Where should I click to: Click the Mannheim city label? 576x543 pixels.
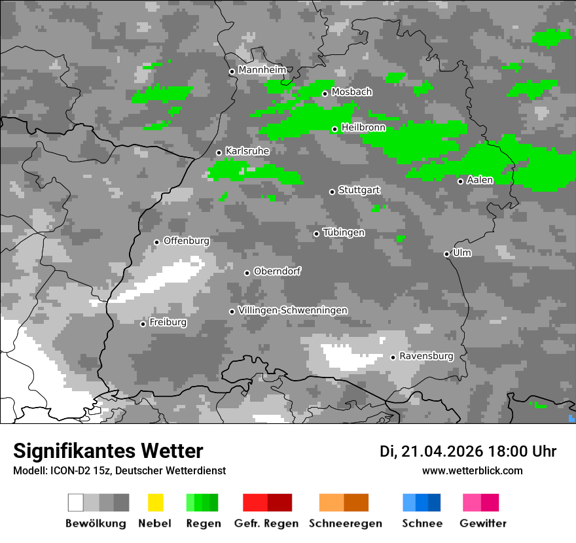(262, 70)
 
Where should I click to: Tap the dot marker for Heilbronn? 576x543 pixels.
(334, 129)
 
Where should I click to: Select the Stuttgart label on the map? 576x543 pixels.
(359, 190)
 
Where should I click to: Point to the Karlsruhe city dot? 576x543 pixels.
(219, 152)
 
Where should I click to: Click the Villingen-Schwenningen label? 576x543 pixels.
(293, 310)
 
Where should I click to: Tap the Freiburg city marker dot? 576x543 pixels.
(143, 324)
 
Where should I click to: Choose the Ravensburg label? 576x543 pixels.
(426, 357)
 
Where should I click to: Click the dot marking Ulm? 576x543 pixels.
(447, 254)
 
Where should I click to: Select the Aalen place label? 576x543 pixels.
(480, 180)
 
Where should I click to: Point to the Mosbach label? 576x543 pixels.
(351, 92)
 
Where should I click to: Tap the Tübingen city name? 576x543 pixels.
(344, 233)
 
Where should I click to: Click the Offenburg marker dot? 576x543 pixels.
(156, 242)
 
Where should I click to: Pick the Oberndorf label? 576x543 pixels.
(277, 271)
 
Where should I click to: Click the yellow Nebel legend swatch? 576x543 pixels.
(155, 502)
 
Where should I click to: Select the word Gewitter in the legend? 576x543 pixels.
(483, 523)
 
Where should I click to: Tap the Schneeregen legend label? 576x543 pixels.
(346, 523)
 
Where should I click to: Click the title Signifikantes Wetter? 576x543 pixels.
(108, 451)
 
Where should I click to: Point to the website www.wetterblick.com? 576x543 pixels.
(472, 470)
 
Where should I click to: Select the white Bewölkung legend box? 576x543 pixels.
(75, 502)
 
